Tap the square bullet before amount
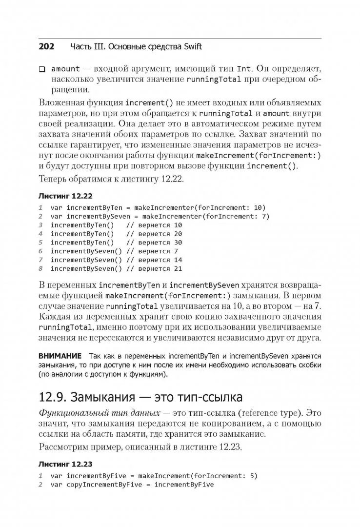click(x=42, y=69)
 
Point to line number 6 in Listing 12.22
click(x=41, y=251)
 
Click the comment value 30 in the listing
click(x=178, y=243)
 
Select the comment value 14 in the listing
click(x=178, y=260)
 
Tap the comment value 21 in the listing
click(x=178, y=269)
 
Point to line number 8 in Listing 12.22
click(x=41, y=269)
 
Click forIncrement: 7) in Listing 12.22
click(x=237, y=216)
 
